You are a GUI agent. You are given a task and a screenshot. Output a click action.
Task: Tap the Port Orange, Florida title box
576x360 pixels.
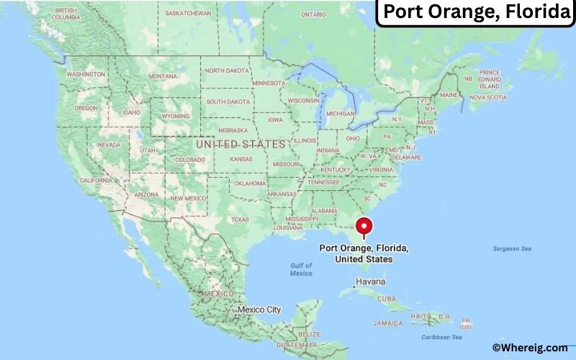pos(475,13)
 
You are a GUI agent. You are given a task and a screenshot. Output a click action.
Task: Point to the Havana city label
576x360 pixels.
pos(371,281)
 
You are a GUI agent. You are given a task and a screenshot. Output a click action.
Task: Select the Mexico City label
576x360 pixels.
pos(258,310)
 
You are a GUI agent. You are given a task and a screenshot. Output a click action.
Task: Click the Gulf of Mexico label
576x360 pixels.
pos(301,270)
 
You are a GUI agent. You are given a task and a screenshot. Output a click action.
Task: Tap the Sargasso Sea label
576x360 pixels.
pos(512,248)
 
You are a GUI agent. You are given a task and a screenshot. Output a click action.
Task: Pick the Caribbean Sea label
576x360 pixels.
pos(442,337)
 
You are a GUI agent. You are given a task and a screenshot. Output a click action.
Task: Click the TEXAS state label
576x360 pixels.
pos(240,219)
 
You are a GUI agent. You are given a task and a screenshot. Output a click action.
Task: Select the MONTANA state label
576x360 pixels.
pos(162,76)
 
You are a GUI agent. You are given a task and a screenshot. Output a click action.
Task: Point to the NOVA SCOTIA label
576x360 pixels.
pos(488,96)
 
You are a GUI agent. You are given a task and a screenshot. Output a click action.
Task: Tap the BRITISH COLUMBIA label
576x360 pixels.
pos(66,14)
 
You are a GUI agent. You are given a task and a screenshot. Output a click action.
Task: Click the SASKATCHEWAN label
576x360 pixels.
pos(188,13)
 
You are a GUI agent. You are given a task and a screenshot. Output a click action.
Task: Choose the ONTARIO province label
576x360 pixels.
pos(313,14)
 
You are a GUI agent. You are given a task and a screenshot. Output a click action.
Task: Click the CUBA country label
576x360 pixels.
pos(387,298)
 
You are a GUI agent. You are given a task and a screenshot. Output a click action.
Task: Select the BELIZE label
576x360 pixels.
pos(310,334)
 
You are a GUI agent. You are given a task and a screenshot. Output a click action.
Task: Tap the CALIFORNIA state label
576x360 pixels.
pos(96,180)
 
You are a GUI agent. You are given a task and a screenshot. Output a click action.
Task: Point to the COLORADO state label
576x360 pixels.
pos(190,159)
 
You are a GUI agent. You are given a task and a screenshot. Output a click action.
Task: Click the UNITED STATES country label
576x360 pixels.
pos(240,144)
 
